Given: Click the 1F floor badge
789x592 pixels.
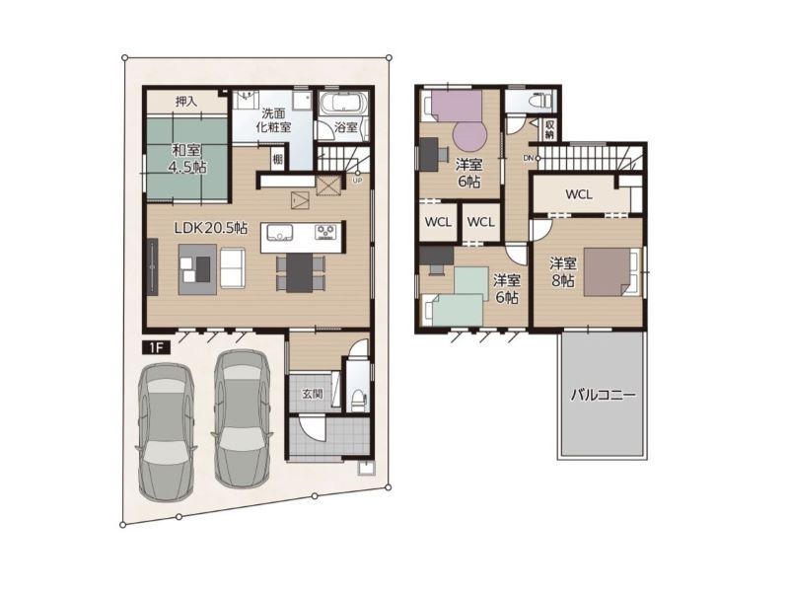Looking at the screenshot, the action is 157,347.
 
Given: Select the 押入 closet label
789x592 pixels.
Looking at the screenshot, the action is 185,102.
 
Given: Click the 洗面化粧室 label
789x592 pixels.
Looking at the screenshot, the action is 274,119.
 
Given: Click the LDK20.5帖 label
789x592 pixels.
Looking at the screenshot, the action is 211,228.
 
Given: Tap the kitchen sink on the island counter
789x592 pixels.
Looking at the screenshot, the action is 280,232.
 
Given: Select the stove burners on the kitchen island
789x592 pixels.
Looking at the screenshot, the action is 325,232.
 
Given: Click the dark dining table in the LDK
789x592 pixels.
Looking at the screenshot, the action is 300,272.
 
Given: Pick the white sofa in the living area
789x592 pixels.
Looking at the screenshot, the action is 233,267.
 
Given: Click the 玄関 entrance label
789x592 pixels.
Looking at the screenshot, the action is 313,394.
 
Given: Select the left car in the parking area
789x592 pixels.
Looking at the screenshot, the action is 166,432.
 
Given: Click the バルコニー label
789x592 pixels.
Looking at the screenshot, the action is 603,394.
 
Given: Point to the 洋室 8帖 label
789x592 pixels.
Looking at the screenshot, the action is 563,272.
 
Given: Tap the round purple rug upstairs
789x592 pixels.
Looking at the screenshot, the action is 470,135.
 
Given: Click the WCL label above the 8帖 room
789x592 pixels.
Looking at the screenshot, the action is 579,194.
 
